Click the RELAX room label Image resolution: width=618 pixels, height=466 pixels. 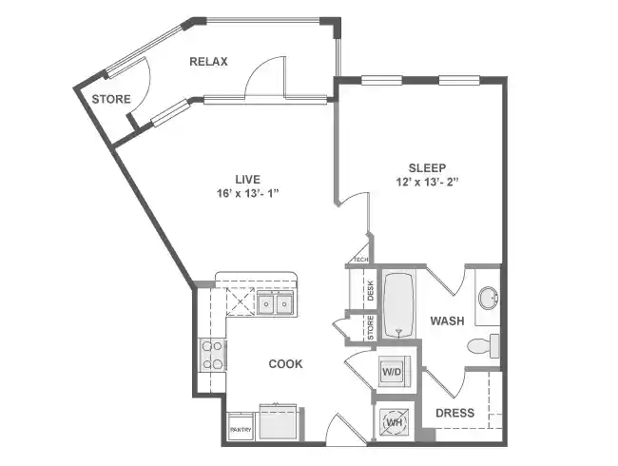pyautogui.click(x=208, y=62)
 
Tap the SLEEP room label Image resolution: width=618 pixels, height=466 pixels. pyautogui.click(x=427, y=167)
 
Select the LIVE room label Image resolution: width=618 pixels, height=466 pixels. pyautogui.click(x=249, y=178)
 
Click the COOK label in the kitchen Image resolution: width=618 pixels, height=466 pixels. pyautogui.click(x=285, y=363)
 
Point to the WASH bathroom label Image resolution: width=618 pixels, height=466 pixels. pyautogui.click(x=447, y=320)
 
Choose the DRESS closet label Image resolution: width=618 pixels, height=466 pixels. pyautogui.click(x=454, y=413)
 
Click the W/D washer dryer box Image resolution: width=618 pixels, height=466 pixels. pyautogui.click(x=392, y=372)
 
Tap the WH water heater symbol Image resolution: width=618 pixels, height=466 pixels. pyautogui.click(x=392, y=419)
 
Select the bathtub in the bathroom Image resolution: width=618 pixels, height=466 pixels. pyautogui.click(x=399, y=305)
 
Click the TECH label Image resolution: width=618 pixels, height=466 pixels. pyautogui.click(x=360, y=259)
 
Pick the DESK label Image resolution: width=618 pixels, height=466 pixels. pyautogui.click(x=370, y=290)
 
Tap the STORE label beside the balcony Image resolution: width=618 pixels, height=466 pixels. pyautogui.click(x=110, y=99)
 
